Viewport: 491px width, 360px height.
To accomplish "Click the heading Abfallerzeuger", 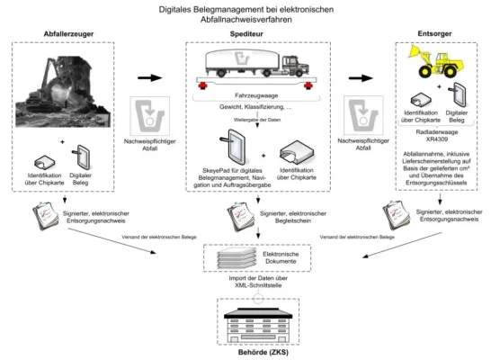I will (69, 34).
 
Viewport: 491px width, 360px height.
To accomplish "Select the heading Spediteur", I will (247, 34).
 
